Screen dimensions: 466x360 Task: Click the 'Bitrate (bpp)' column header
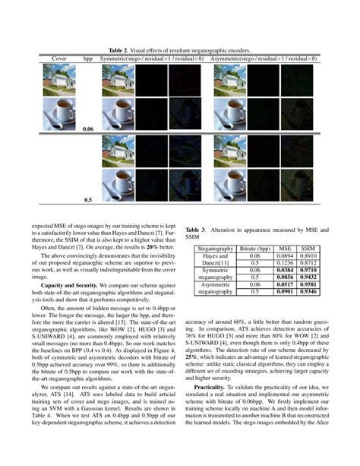[252, 249]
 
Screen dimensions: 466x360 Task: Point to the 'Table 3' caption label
[199, 228]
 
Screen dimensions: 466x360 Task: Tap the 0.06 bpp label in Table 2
[88, 130]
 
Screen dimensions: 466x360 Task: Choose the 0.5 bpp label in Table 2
[88, 201]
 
